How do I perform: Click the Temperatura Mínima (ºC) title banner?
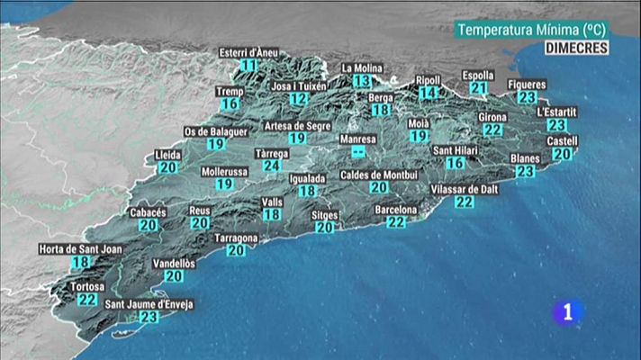531,30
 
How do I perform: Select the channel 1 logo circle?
566,312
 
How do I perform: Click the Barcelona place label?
396,210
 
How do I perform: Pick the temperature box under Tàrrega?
272,166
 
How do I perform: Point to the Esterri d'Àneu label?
249,52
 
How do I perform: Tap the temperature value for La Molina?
363,81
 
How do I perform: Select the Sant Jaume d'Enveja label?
149,304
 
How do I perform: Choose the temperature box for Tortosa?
87,299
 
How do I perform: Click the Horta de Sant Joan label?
80,249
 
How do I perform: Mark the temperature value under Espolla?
478,88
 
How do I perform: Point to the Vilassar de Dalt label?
465,189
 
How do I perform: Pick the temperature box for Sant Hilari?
456,163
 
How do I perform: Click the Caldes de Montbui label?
379,174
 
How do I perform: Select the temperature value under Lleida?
168,167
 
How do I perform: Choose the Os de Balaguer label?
215,130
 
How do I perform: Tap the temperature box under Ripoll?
429,93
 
